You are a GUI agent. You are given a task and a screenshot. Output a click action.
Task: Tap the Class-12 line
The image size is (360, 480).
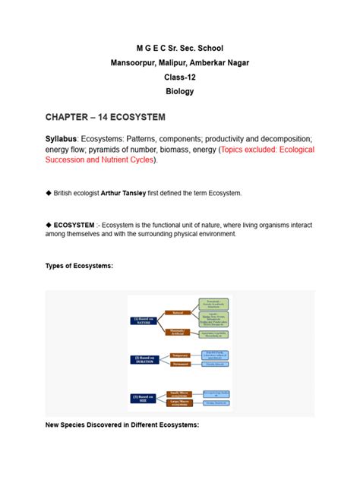tap(180, 76)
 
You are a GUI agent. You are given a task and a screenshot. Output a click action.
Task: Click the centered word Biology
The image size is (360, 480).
tap(180, 91)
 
